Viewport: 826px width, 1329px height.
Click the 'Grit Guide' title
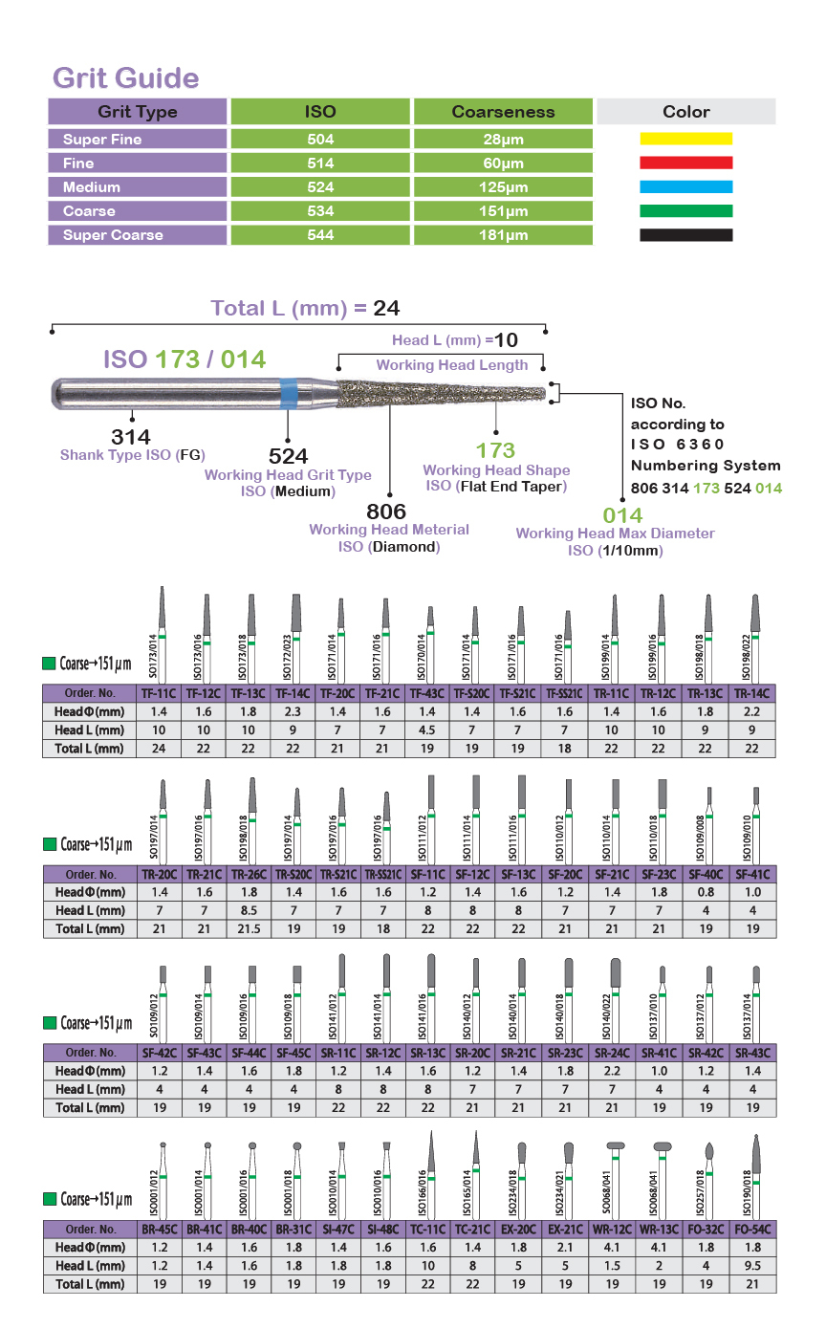pyautogui.click(x=126, y=77)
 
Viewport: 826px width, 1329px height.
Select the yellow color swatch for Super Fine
pyautogui.click(x=686, y=139)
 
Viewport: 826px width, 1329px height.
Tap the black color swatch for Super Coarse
pyautogui.click(x=686, y=235)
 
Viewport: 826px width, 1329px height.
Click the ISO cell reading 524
pyautogui.click(x=320, y=186)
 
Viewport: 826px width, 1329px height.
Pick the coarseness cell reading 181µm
pyautogui.click(x=503, y=235)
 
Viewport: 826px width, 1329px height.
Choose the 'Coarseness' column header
pyautogui.click(x=503, y=112)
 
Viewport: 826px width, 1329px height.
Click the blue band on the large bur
pyautogui.click(x=288, y=393)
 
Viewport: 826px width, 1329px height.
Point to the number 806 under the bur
pyautogui.click(x=386, y=512)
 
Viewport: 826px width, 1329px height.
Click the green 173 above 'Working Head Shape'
pyautogui.click(x=495, y=450)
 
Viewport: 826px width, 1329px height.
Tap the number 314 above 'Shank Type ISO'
pyautogui.click(x=131, y=437)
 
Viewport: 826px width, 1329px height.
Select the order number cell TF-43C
pyautogui.click(x=427, y=693)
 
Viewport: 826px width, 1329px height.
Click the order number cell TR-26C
pyautogui.click(x=250, y=875)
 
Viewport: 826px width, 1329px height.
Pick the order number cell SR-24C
pyautogui.click(x=613, y=1053)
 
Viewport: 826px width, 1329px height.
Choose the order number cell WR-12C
pyautogui.click(x=613, y=1230)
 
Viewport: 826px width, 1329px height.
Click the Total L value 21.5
pyautogui.click(x=250, y=928)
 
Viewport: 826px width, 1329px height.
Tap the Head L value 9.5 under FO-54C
pyautogui.click(x=753, y=1266)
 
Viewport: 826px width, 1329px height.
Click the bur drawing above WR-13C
pyautogui.click(x=663, y=1180)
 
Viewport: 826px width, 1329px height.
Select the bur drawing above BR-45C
pyautogui.click(x=163, y=1180)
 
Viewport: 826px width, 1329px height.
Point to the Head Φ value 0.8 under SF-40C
pyautogui.click(x=706, y=892)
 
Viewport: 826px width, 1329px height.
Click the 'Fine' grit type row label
pyautogui.click(x=78, y=163)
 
